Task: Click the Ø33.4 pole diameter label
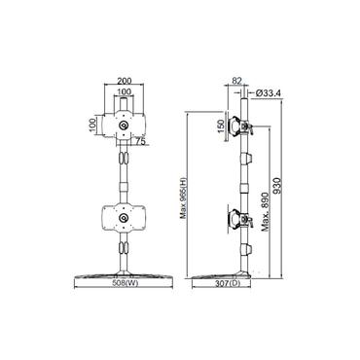coord(270,93)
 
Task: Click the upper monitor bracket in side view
coord(248,127)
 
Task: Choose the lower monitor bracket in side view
coord(236,215)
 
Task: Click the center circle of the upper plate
coord(125,126)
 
